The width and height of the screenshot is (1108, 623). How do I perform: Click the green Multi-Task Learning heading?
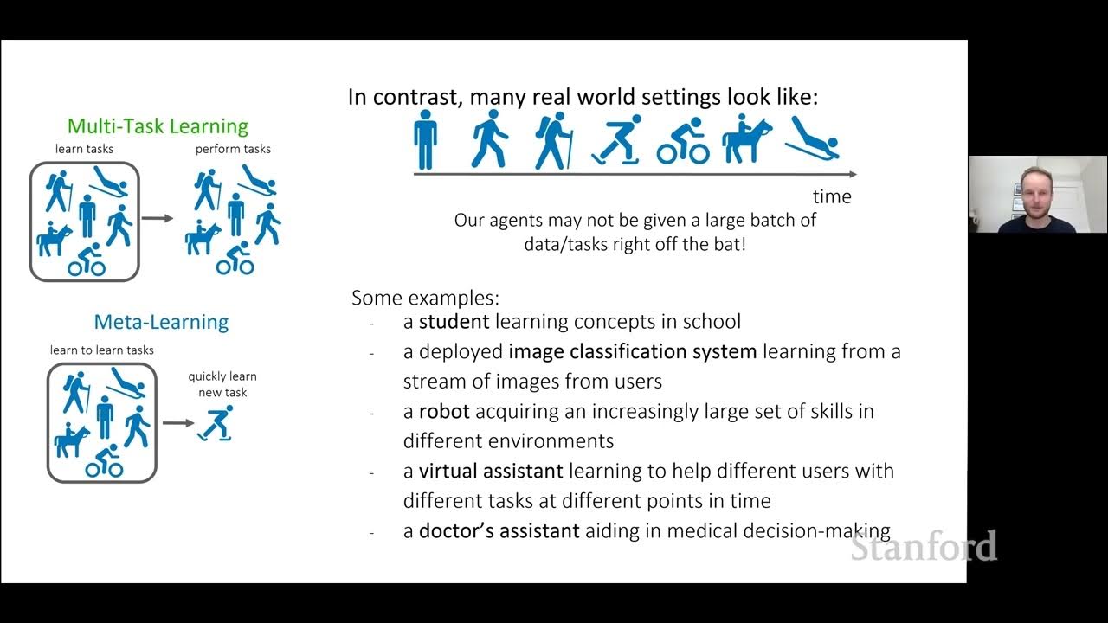click(158, 126)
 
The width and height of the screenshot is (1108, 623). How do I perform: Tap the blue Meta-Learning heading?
click(161, 322)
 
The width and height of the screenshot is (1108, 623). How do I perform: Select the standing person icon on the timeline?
click(425, 139)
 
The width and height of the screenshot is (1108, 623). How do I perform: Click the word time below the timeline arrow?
click(832, 196)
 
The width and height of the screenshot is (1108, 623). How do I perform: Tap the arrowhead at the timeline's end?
click(852, 174)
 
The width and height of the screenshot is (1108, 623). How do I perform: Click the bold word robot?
click(444, 411)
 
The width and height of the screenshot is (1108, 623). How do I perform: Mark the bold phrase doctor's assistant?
click(499, 530)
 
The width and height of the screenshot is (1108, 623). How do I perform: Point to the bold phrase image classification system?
click(633, 351)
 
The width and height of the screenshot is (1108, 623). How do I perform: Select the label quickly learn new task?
click(222, 384)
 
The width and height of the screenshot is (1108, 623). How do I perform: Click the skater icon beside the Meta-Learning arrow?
click(216, 423)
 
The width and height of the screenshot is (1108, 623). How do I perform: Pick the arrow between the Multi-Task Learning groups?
click(158, 218)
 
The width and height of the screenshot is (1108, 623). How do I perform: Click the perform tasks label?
click(233, 149)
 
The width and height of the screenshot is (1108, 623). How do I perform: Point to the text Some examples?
click(425, 299)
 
